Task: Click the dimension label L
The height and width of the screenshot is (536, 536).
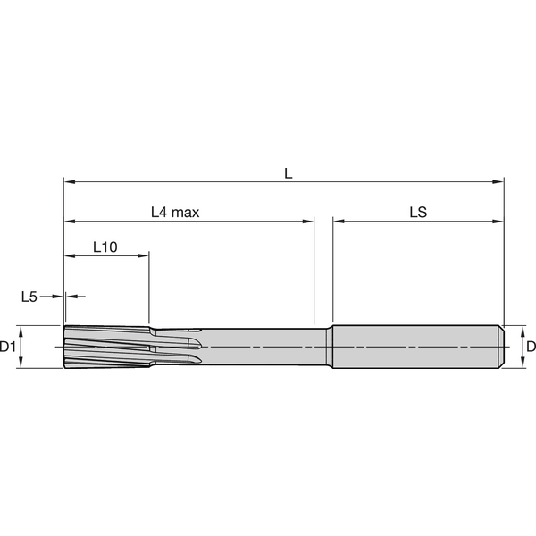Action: (288, 172)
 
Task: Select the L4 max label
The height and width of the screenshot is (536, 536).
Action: (174, 213)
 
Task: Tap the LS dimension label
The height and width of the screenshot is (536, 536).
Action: (417, 213)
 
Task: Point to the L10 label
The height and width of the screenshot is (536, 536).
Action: (105, 247)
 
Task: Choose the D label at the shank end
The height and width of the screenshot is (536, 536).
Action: (529, 346)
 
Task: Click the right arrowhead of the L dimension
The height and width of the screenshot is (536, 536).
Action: (499, 182)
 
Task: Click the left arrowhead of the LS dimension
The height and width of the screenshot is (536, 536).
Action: (338, 221)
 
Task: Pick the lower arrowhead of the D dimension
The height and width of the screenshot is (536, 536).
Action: (516, 363)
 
